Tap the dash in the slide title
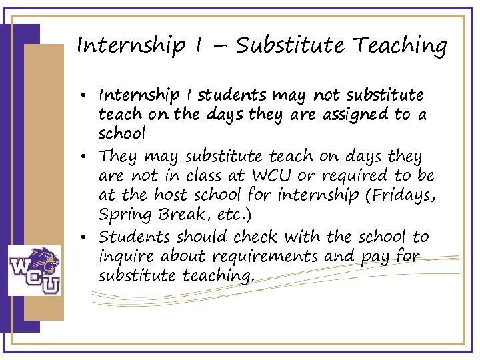[221, 47]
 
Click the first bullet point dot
[89, 95]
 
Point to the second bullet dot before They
[89, 157]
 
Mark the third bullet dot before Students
[89, 237]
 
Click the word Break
[179, 216]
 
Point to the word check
[257, 236]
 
